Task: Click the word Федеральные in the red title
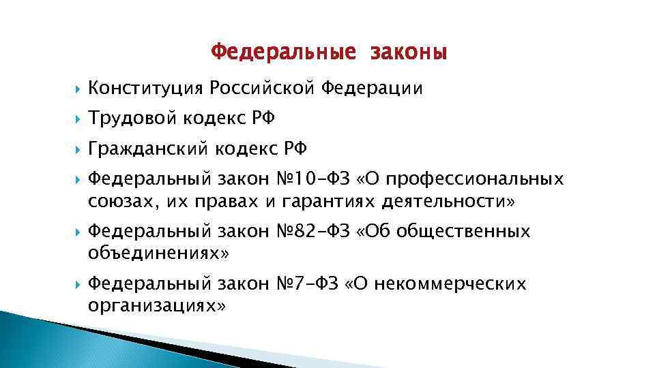click(x=283, y=52)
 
